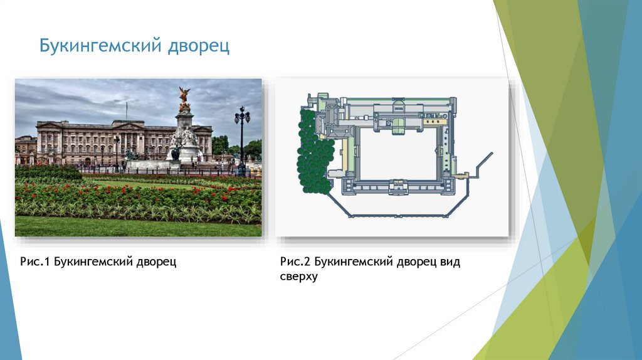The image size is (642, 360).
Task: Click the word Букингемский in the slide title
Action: click(100, 46)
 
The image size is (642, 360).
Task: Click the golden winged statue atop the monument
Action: click(184, 98)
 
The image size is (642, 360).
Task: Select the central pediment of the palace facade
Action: click(129, 124)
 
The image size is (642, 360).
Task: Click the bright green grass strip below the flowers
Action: click(138, 226)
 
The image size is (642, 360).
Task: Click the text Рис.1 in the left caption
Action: click(35, 262)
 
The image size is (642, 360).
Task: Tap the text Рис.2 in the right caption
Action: click(296, 262)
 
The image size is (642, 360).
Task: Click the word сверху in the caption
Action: click(299, 277)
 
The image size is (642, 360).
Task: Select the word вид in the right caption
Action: click(450, 262)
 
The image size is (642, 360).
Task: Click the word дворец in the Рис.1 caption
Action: click(156, 262)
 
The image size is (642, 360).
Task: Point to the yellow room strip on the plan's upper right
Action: click(435, 121)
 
